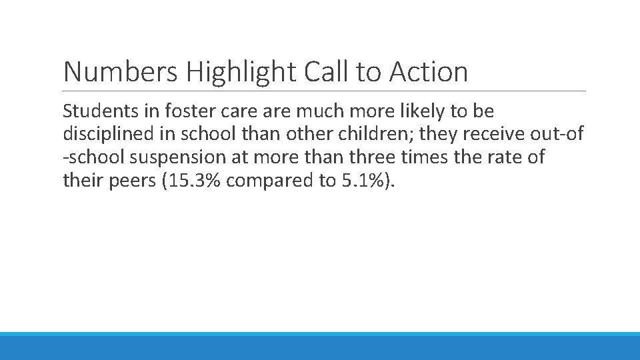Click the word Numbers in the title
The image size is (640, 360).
pos(120,72)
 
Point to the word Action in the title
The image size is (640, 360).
pos(429,72)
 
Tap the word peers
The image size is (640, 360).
pos(127,181)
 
